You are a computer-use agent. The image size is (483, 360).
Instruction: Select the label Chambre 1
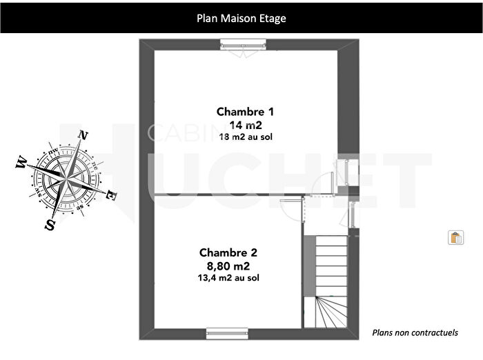[x=245, y=111]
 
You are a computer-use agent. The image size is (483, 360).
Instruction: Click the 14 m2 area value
[x=246, y=125]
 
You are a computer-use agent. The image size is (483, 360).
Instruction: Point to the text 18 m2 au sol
[x=246, y=137]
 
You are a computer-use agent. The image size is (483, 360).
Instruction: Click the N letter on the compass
[x=84, y=135]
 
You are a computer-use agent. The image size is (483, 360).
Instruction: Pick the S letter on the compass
[x=50, y=225]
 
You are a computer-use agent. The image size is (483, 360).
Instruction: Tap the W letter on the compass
[x=21, y=163]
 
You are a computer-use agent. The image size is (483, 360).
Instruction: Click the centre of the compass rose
[x=67, y=179]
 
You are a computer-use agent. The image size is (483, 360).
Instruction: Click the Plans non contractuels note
[x=415, y=332]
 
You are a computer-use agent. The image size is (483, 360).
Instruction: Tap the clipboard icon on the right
[x=455, y=238]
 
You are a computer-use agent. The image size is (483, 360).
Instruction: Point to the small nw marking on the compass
[x=53, y=151]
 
